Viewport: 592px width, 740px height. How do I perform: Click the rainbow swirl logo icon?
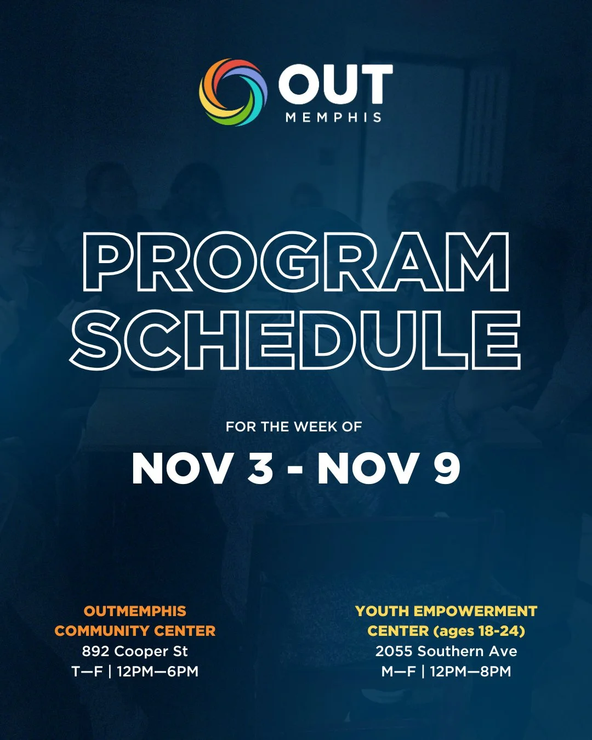[233, 92]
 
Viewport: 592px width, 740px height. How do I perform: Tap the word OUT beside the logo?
[335, 84]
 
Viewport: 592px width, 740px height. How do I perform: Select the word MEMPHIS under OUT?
[333, 117]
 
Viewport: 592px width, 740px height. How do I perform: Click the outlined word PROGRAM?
[296, 262]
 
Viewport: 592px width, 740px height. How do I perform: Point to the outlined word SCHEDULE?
[295, 340]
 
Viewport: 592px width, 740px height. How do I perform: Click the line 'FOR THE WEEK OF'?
[294, 427]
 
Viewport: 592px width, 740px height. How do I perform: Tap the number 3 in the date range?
[260, 468]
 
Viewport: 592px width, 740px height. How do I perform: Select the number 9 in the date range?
[447, 468]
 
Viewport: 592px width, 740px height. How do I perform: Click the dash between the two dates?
[295, 469]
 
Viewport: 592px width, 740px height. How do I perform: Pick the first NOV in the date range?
[182, 468]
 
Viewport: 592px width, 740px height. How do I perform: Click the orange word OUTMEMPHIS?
[135, 611]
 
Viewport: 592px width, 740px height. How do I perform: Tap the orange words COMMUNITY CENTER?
[135, 631]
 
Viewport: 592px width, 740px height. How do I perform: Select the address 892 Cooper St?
[135, 651]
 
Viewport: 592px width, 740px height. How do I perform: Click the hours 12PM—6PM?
[157, 671]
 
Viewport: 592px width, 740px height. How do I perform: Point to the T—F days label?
[87, 671]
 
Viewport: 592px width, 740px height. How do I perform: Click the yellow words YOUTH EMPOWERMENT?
[446, 611]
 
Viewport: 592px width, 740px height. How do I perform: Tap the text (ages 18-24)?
[479, 631]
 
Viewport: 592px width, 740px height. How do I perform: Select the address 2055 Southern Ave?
[446, 651]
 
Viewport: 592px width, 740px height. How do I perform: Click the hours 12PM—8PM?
[470, 671]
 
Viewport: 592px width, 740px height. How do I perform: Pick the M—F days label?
[399, 671]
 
